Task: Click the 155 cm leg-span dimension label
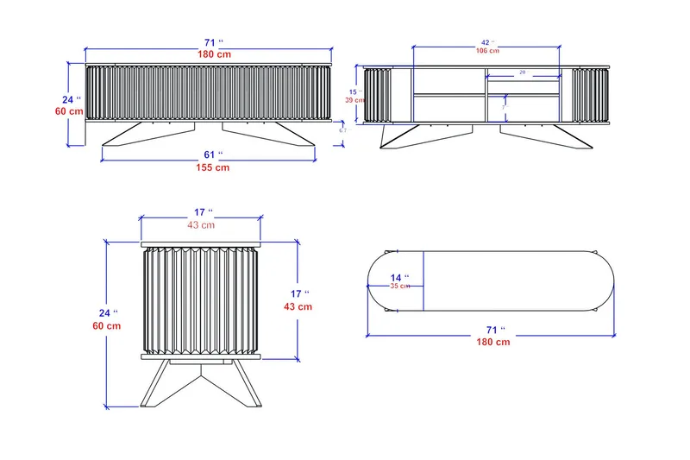coord(209,167)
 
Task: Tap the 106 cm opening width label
coord(486,51)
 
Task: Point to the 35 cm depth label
coord(399,286)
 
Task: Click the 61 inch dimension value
coord(209,154)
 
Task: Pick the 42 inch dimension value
coord(486,41)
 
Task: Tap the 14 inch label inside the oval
coord(400,276)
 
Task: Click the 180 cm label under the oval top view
coord(492,342)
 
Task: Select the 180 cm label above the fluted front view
coord(209,54)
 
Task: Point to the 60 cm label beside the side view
coord(107,325)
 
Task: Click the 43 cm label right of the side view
coord(298,306)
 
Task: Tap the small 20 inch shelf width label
coord(522,73)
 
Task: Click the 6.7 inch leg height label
coord(342,129)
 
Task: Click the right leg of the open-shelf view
coord(552,135)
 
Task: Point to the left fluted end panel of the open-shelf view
coord(378,95)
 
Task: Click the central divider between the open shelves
coord(486,95)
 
